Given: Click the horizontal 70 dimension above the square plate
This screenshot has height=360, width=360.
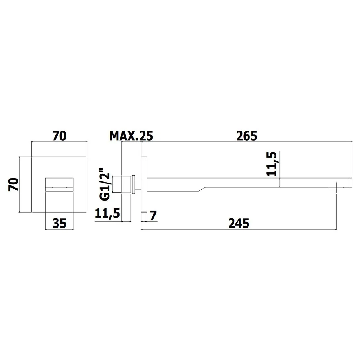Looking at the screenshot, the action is coord(59,136).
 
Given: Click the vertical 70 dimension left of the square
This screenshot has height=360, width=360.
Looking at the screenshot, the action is coord(13,184).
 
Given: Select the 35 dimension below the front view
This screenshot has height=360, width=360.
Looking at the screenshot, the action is coord(59,223).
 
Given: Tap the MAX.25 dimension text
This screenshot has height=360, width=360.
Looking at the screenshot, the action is coord(131,136).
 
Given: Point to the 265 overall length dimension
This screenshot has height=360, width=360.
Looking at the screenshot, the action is coord(247,136).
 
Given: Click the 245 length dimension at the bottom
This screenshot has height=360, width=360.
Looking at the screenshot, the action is coord(239,224).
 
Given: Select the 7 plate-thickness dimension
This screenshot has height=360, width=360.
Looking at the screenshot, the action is coord(153,216).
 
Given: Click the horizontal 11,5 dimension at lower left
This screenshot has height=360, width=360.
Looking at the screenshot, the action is coord(107,213).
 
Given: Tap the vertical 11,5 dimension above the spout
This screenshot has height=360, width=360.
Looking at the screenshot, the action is coord(272,164).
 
